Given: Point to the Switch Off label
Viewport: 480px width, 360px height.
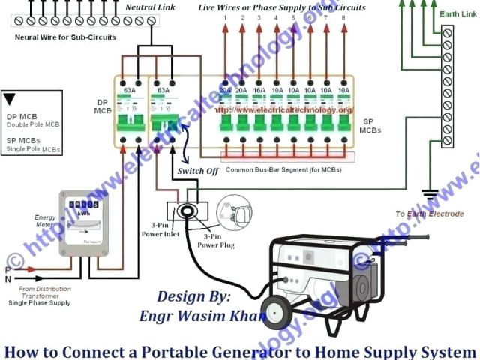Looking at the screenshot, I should click(x=197, y=171).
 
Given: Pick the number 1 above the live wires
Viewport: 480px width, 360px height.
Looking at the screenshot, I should click(x=225, y=16).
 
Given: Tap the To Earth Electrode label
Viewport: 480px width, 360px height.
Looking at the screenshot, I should click(x=429, y=214).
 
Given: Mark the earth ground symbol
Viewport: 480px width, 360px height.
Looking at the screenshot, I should click(x=430, y=196).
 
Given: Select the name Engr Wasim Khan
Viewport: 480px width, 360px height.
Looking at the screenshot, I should click(x=202, y=315).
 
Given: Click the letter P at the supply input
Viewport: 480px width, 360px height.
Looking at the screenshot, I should click(x=7, y=269).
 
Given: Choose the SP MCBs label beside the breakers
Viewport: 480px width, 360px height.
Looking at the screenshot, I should click(x=369, y=125).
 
